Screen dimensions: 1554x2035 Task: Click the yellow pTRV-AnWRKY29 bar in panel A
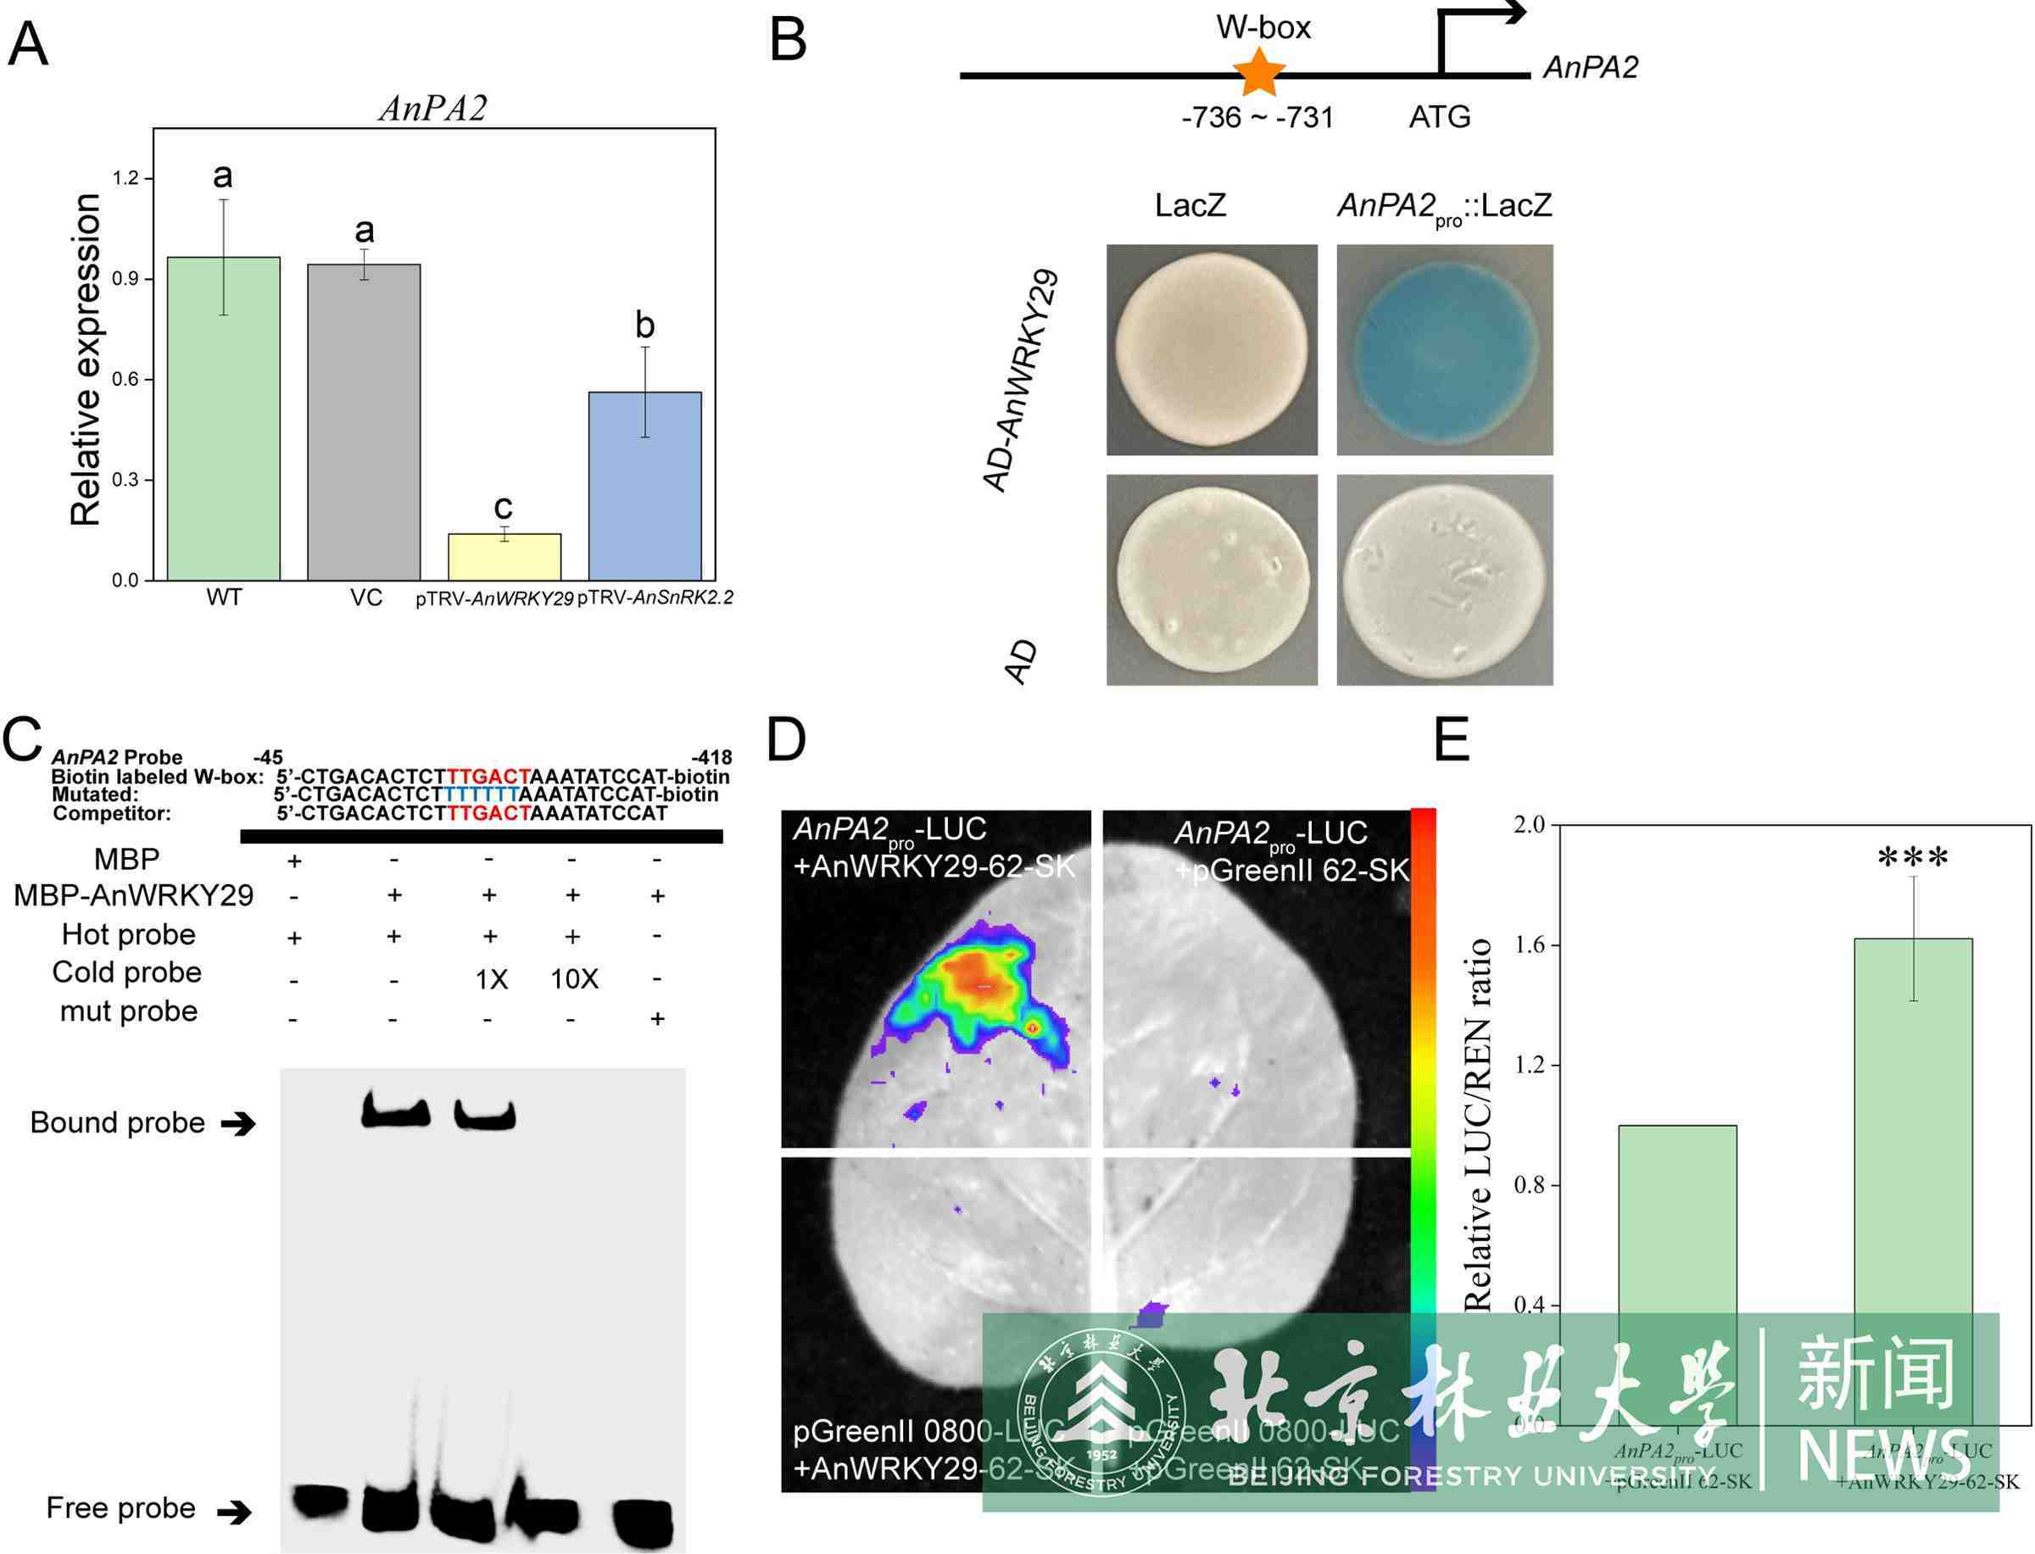click(505, 556)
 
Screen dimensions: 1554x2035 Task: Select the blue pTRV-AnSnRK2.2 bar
click(644, 486)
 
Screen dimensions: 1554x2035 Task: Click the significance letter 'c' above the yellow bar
click(502, 506)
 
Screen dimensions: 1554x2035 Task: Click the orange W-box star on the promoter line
click(1259, 72)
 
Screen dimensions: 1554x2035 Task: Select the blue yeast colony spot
click(1444, 349)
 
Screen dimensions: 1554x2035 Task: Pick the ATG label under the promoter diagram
click(1439, 118)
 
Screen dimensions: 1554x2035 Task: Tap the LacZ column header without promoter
click(1190, 204)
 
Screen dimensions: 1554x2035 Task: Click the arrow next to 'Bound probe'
click(238, 1124)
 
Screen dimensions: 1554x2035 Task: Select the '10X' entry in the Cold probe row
click(573, 978)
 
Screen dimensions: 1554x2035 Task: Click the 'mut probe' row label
click(129, 1011)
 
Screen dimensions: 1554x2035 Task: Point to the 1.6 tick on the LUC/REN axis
click(1530, 944)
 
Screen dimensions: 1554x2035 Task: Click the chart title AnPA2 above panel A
click(433, 109)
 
